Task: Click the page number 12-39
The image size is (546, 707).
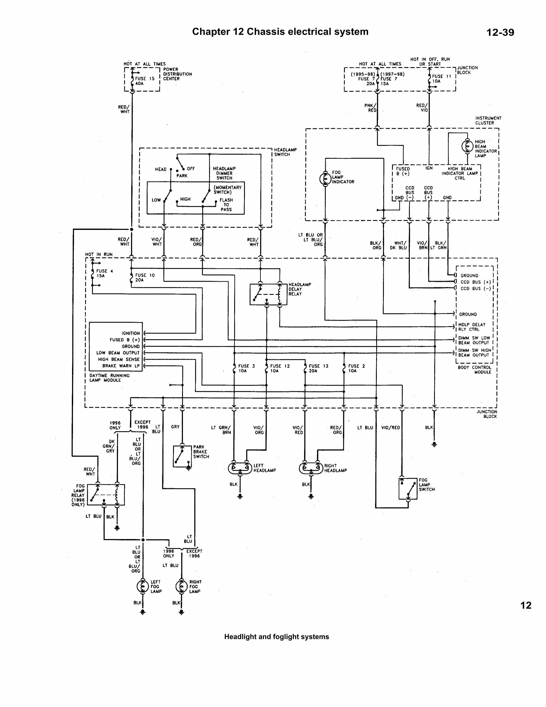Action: click(x=500, y=32)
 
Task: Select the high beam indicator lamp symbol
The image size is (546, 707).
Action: click(x=467, y=146)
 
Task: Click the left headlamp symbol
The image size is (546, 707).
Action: click(x=240, y=468)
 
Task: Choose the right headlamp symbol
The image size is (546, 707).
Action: click(x=311, y=468)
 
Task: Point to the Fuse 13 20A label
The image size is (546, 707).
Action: click(x=318, y=368)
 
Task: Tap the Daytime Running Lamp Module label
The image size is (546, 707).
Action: click(x=109, y=378)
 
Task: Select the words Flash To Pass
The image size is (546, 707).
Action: click(x=226, y=205)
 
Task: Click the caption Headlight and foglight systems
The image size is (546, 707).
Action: click(x=276, y=637)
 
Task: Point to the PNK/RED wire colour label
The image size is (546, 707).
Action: click(x=370, y=108)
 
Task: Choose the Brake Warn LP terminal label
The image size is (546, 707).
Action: click(x=121, y=366)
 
